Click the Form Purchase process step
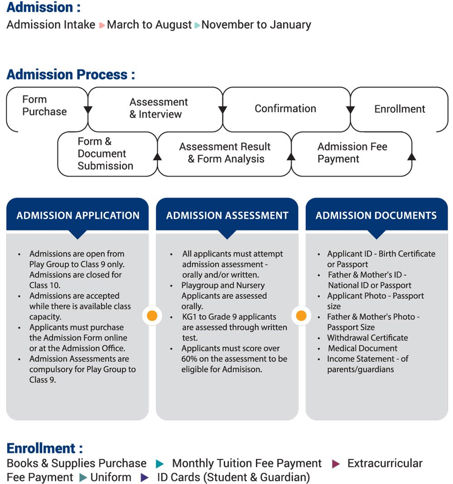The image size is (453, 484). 44,105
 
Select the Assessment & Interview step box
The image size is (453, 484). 159,108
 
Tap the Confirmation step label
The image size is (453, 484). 285,109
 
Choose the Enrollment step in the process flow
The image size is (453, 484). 400,109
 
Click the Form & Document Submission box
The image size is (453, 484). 105,154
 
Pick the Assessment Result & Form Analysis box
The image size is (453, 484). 225,153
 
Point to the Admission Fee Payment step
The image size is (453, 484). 352,153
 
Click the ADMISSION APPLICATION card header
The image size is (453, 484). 78,216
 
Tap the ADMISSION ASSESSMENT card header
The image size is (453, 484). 227,216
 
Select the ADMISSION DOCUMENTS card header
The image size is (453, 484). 376,216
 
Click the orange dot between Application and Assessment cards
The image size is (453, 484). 152,316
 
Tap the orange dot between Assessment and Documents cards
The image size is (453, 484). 301,316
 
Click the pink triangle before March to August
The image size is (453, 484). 102,25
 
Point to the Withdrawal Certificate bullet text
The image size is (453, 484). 367,338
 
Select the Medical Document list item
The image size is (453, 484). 362,348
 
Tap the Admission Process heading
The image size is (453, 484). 71,74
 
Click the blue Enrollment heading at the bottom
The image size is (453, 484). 44,448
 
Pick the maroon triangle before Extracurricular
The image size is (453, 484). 336,464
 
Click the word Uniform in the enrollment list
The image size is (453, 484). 111,477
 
